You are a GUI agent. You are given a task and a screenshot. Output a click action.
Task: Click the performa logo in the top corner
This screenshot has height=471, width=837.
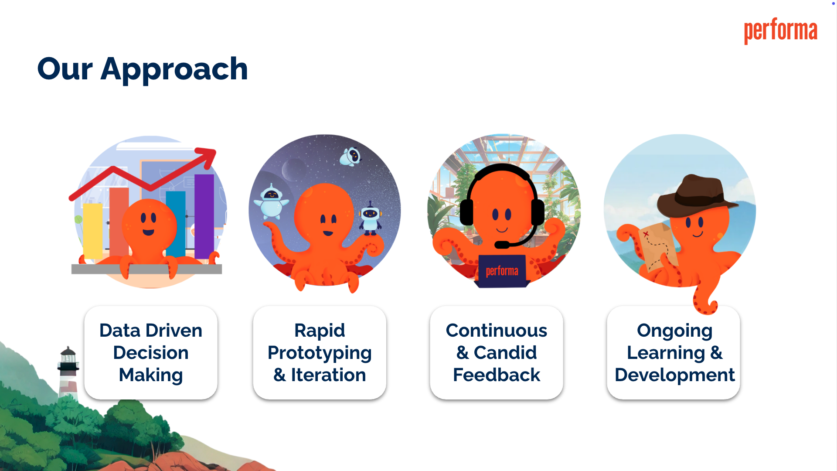[780, 31]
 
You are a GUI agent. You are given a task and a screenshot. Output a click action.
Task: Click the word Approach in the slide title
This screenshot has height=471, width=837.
[174, 70]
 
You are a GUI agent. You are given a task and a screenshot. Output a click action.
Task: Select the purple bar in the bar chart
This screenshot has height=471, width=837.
[204, 216]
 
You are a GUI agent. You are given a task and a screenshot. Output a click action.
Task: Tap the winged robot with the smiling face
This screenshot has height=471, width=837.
[271, 201]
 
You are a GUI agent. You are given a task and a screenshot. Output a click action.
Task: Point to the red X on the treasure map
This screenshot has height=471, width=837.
[646, 234]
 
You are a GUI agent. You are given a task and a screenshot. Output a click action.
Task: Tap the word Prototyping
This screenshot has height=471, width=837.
[320, 353]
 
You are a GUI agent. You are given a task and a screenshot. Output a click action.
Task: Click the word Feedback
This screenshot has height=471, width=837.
[497, 375]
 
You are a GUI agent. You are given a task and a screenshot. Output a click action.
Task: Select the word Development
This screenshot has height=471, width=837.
[674, 375]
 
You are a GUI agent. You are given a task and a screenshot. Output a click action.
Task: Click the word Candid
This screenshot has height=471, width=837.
[505, 353]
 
